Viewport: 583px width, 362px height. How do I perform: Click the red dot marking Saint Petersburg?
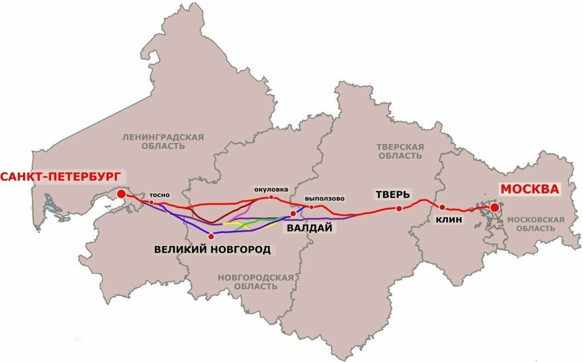(x=121, y=195)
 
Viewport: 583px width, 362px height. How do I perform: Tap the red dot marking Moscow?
(x=495, y=208)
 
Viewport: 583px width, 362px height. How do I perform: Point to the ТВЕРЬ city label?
(x=393, y=195)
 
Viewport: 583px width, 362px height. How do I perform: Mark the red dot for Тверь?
(x=399, y=209)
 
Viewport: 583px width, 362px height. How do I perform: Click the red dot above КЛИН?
(x=442, y=207)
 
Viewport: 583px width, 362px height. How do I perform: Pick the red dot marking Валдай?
(x=293, y=214)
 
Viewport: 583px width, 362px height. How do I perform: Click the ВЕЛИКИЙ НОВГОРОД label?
(x=212, y=250)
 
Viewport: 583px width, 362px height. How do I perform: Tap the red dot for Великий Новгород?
(x=211, y=236)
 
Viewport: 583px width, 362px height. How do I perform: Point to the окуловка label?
(x=271, y=189)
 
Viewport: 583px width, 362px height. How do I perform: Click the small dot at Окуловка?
(x=271, y=197)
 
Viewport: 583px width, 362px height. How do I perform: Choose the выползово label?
(x=325, y=198)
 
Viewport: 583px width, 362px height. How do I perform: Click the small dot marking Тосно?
(x=152, y=202)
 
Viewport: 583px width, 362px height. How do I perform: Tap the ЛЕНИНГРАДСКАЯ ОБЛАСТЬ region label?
(x=163, y=141)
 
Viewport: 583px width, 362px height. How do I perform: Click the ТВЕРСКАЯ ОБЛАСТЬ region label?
(x=400, y=151)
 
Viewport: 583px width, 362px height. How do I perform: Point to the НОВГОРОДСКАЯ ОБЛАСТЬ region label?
(x=256, y=281)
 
